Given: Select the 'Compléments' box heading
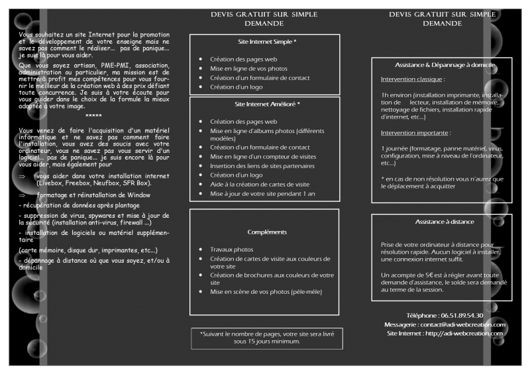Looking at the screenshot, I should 267,232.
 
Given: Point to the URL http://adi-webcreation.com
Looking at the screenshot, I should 463,333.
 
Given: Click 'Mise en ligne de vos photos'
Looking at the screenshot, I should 248,69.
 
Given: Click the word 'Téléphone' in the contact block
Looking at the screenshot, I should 421,315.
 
